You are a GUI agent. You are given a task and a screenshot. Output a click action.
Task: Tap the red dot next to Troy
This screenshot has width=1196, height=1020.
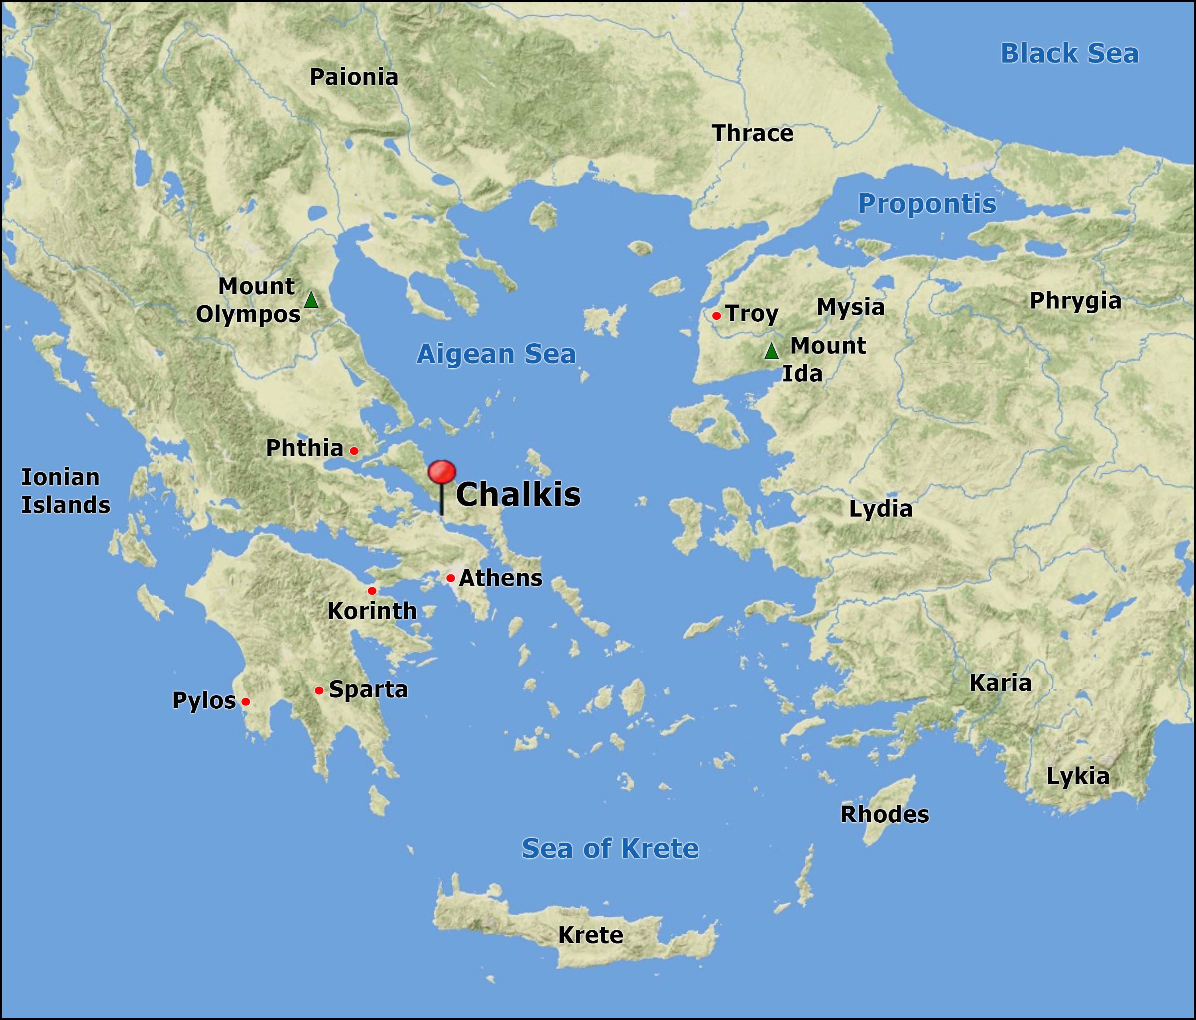(716, 316)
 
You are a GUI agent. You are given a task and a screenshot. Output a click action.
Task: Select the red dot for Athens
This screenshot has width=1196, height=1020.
(450, 578)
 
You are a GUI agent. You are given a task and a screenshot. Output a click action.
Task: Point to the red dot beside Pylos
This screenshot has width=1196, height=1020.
(245, 702)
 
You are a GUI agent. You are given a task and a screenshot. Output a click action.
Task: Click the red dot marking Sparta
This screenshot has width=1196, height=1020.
(319, 690)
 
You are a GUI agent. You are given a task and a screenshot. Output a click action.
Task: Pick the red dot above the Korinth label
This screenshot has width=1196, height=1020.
(372, 591)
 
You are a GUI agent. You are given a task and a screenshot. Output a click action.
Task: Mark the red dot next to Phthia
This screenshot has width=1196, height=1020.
(354, 451)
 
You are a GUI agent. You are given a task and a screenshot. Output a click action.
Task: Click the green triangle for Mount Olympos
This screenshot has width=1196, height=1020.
(311, 300)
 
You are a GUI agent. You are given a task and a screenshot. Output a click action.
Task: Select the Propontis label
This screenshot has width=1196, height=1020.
(927, 204)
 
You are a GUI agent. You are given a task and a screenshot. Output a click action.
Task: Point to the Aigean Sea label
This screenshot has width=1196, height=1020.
(496, 354)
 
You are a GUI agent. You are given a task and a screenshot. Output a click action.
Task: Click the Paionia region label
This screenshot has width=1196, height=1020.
(354, 77)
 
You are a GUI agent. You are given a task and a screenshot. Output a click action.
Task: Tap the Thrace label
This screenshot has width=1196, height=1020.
(753, 134)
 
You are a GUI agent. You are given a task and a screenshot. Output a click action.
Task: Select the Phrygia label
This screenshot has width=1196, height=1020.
(1075, 301)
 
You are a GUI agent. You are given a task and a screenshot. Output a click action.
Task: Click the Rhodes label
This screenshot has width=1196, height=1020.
(884, 814)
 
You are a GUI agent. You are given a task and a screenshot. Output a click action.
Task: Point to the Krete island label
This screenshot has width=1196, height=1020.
(590, 935)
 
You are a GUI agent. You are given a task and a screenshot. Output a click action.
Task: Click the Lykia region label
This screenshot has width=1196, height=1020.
(1078, 777)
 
